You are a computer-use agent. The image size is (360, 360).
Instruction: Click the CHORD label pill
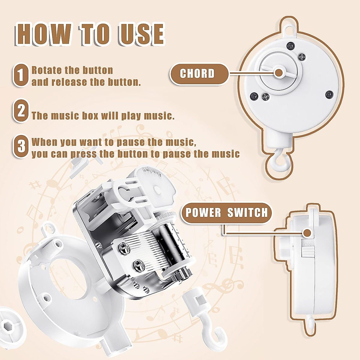coord(199,74)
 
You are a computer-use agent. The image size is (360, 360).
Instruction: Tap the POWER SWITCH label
coord(226,213)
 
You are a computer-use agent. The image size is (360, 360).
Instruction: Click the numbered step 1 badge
coord(21,75)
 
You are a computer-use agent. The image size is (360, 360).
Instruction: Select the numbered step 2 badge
coord(21,110)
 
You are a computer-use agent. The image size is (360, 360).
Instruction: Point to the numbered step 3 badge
coord(21,146)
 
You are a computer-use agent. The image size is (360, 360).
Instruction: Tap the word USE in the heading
coord(141,34)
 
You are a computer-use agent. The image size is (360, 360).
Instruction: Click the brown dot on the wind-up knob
coord(279,73)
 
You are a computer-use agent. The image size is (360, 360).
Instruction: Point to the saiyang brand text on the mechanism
coord(152,172)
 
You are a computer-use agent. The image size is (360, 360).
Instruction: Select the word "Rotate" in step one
coord(46,70)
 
